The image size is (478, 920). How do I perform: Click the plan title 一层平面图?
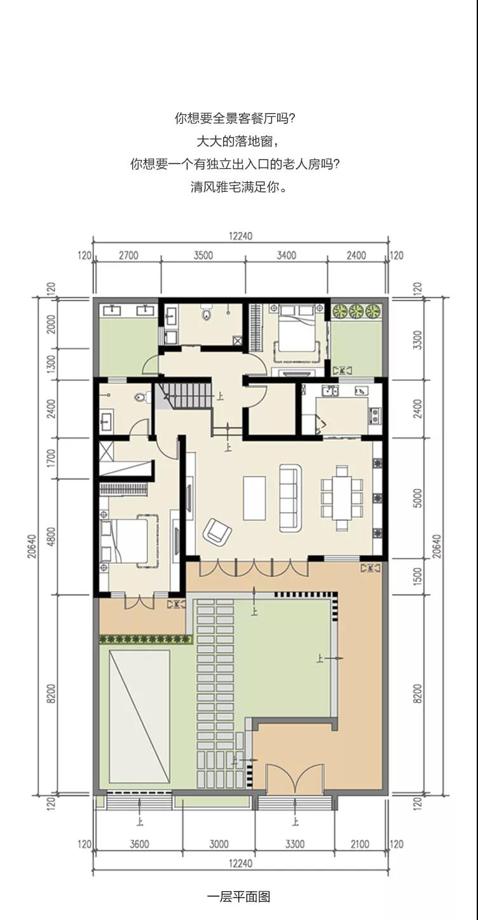pyautogui.click(x=239, y=896)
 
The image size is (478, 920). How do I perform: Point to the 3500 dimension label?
pyautogui.click(x=203, y=255)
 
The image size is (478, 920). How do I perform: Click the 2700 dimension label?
pyautogui.click(x=128, y=255)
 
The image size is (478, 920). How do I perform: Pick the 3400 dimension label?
pyautogui.click(x=287, y=255)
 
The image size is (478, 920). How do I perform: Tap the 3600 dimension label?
pyautogui.click(x=139, y=844)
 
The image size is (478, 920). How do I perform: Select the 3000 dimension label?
pyautogui.click(x=219, y=844)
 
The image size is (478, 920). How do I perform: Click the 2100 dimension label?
pyautogui.click(x=360, y=844)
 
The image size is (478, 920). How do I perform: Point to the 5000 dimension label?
pyautogui.click(x=417, y=497)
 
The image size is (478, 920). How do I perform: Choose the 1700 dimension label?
pyautogui.click(x=51, y=458)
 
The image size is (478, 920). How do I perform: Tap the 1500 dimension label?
pyautogui.click(x=417, y=577)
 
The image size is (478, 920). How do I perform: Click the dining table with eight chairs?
pyautogui.click(x=342, y=498)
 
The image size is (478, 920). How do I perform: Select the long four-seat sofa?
pyautogui.click(x=290, y=497)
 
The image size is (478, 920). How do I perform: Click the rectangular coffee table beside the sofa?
pyautogui.click(x=254, y=497)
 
